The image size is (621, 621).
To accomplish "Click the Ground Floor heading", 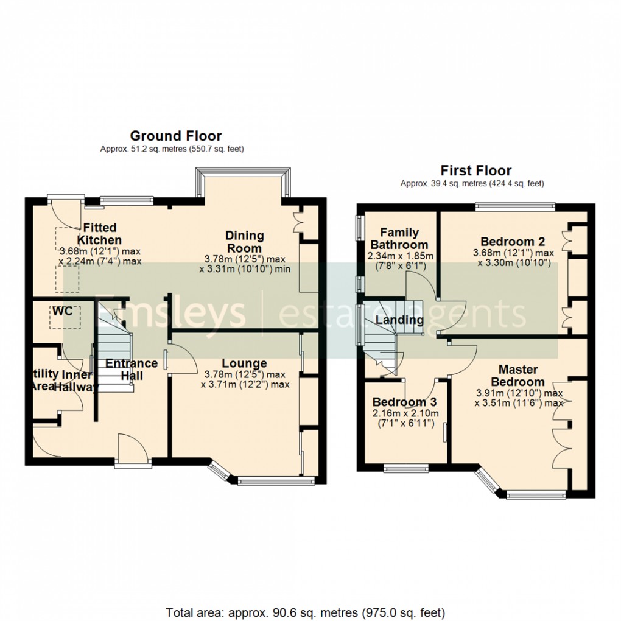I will click(x=175, y=136).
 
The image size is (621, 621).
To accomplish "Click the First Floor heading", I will click(x=476, y=170).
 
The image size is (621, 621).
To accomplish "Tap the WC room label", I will click(x=61, y=311).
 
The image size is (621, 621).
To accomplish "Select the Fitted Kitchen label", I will click(x=99, y=234).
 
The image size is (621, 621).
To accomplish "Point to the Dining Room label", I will click(x=245, y=242).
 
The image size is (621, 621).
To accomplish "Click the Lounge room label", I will click(x=244, y=364).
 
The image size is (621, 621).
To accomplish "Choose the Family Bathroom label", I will click(x=399, y=238).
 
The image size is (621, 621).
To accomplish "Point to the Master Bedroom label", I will click(x=518, y=376).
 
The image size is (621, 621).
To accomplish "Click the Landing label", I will click(x=399, y=320).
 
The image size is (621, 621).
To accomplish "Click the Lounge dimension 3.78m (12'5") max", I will click(x=245, y=374).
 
